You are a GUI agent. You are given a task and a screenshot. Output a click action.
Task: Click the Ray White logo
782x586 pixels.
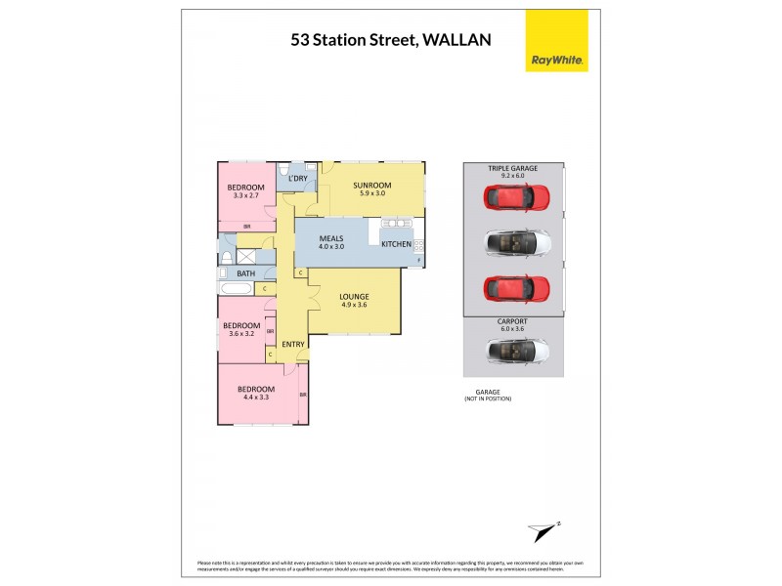coord(557,41)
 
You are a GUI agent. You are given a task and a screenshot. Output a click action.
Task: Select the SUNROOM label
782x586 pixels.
coord(372,186)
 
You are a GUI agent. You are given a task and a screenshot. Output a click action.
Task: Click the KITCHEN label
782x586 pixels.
coord(396,243)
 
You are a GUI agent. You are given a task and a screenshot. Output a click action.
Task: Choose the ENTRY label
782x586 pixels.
coord(293,344)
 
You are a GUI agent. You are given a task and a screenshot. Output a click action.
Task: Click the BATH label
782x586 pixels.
coord(245,273)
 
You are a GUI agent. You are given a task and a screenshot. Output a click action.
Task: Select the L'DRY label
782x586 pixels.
coord(298,179)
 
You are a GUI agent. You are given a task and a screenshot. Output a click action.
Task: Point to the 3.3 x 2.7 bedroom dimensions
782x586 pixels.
coord(246,195)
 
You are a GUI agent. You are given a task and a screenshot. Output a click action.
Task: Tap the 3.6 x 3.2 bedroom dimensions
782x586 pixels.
coord(240,334)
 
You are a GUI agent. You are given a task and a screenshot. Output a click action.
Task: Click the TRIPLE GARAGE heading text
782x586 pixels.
coord(513,169)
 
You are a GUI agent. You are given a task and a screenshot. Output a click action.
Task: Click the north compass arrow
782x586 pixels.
coord(543,530)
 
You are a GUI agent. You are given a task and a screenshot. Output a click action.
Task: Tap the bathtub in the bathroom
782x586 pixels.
coord(236,290)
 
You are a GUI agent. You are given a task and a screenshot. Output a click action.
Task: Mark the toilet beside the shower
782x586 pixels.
coord(226,257)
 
